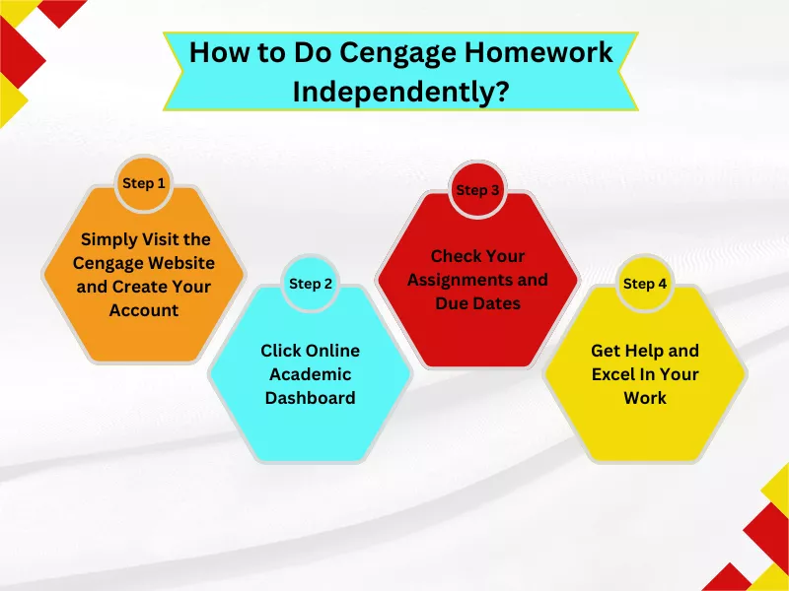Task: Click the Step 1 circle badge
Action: point(144,183)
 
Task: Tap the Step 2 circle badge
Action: point(311,284)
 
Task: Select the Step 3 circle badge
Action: point(477,190)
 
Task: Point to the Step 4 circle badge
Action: point(645,284)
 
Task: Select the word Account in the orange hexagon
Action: point(144,310)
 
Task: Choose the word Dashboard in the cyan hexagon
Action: point(311,398)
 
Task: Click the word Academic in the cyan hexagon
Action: point(311,374)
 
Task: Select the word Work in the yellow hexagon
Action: point(645,398)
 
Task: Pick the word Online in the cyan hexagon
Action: point(331,351)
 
